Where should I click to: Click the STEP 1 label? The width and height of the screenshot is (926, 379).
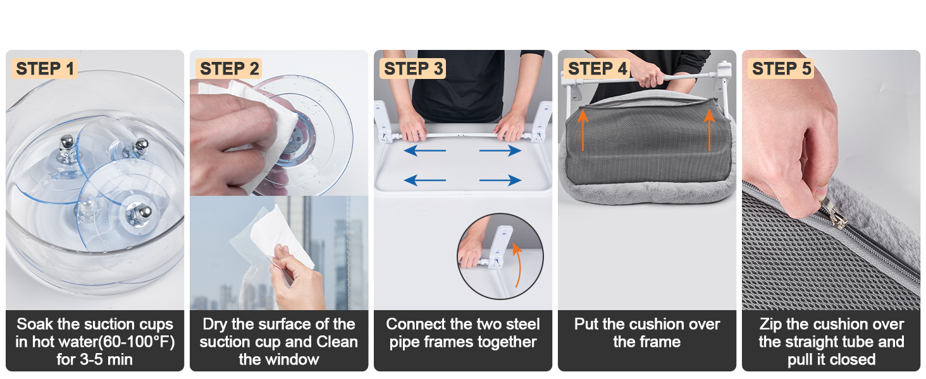[x=44, y=68]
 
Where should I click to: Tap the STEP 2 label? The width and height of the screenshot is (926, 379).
[x=229, y=68]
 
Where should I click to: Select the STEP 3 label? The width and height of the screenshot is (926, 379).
[x=413, y=68]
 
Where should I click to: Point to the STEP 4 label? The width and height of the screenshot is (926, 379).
[x=597, y=68]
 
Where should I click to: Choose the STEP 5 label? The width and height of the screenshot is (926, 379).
[x=781, y=68]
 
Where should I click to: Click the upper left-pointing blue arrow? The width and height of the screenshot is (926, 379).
[x=424, y=151]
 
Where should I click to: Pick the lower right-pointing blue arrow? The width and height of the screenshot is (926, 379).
[x=500, y=181]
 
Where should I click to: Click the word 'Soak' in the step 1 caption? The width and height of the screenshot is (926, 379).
[x=35, y=325]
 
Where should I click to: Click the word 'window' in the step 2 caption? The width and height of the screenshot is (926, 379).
[x=294, y=359]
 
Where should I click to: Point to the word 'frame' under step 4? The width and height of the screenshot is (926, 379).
[x=660, y=342]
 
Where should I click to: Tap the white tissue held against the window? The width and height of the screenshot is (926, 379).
[x=281, y=236]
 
